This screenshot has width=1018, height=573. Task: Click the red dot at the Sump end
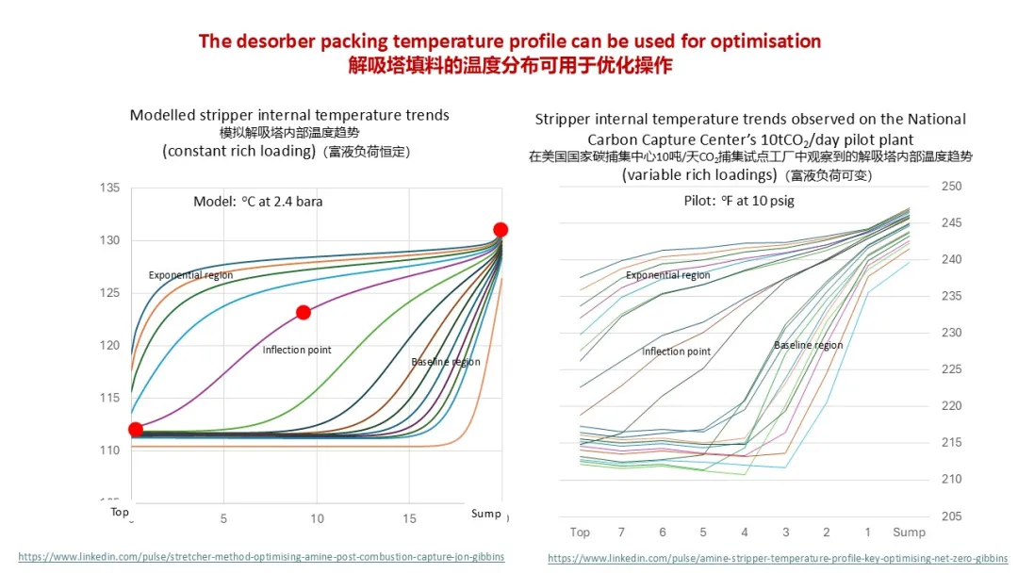point(501,230)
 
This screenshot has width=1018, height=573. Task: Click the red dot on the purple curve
point(304,313)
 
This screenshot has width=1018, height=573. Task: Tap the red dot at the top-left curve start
point(136,430)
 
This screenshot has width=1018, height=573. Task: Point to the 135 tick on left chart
point(110,188)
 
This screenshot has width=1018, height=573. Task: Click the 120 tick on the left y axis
point(110,346)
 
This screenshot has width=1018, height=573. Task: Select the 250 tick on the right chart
point(951,187)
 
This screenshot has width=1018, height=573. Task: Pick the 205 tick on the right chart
point(951,516)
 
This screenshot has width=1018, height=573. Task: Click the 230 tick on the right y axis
point(951,333)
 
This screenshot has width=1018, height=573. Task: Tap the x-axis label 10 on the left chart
point(317,519)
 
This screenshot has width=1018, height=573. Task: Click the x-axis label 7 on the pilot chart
point(621,533)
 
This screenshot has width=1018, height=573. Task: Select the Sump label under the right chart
point(909,533)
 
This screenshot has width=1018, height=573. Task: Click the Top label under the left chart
point(120,513)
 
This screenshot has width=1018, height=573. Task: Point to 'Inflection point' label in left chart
point(297,351)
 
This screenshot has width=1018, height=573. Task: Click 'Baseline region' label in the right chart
point(808,346)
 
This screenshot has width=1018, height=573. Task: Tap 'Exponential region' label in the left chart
point(190,275)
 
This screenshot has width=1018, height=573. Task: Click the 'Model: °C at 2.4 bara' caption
point(256,202)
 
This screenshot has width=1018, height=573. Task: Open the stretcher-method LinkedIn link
point(261,557)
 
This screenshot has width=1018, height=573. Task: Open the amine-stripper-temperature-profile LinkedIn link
point(778,558)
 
